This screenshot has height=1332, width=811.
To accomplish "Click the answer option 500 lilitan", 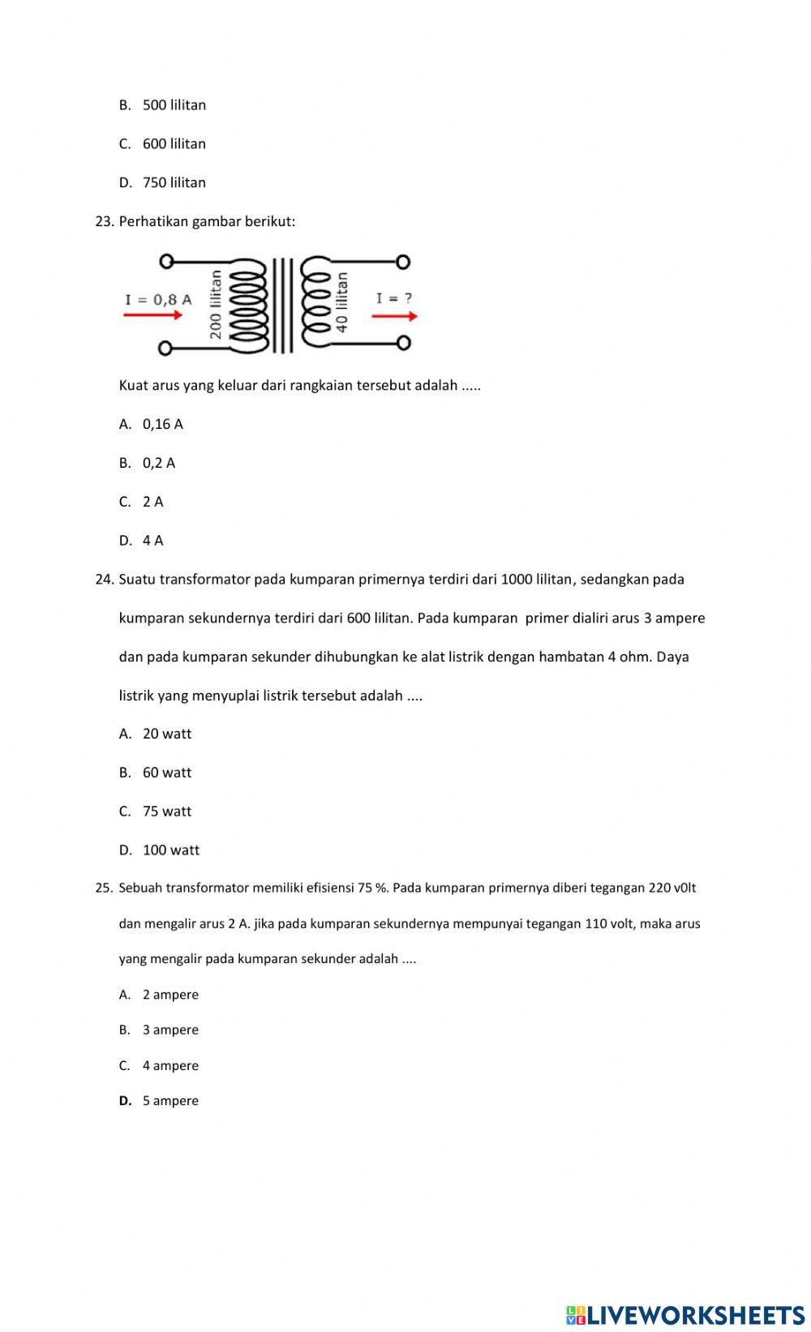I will (174, 105).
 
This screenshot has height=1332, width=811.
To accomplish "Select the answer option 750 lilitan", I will (174, 183).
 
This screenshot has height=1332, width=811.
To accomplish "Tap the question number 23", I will (105, 221).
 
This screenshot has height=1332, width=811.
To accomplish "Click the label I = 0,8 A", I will (158, 299).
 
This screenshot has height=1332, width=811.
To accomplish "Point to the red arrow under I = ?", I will (395, 316).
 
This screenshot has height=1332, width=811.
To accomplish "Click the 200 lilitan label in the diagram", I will (216, 305).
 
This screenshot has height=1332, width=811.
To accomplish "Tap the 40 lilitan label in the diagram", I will (342, 302).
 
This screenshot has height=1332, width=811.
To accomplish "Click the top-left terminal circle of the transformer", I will (165, 261).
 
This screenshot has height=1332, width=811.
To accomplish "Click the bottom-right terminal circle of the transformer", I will (403, 343).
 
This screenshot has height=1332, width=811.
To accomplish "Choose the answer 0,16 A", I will (162, 424).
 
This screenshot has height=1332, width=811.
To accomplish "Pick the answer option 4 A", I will (152, 541).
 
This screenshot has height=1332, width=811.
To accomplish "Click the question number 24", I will (105, 580).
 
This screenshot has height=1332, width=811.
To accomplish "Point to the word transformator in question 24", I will (204, 580).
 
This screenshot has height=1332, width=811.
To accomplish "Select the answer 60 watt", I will (167, 773).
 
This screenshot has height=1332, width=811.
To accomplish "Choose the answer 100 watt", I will (170, 850).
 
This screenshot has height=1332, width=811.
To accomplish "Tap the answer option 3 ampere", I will (170, 1030).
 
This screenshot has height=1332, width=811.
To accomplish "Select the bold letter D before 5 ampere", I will (125, 1101).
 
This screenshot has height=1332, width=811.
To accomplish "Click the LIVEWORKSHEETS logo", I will (685, 1315).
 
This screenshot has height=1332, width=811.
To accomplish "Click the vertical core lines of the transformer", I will (281, 306).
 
